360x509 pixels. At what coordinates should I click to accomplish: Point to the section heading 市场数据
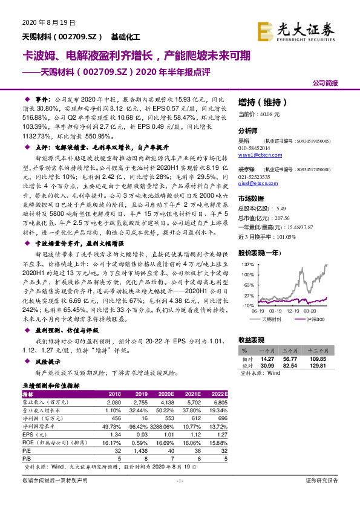pos(252,198)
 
